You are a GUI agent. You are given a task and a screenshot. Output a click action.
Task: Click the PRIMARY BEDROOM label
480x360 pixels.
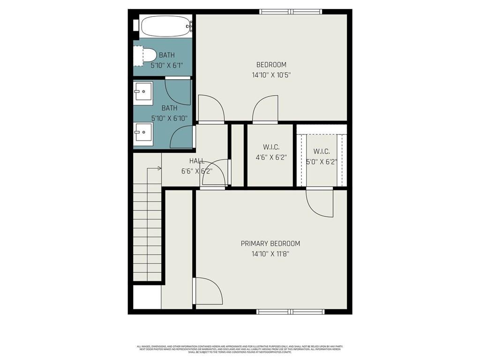pos(270,244)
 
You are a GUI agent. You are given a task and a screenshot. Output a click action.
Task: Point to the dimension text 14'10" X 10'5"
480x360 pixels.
pos(271,75)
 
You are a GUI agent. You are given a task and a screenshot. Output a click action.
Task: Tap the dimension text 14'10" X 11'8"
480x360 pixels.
pos(270,254)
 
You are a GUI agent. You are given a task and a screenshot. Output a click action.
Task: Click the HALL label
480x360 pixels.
pos(196,161)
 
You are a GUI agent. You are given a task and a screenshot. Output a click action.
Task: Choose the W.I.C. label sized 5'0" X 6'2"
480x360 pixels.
pos(322,151)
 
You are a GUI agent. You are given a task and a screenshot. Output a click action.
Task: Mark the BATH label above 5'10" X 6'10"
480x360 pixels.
pos(169,108)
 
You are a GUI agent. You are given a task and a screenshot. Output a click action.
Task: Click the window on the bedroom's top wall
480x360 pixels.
pos(291,12)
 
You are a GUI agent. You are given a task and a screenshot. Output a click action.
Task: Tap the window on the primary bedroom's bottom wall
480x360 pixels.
pos(290,311)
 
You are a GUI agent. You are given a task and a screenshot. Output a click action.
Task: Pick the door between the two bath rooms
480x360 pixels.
pos(179,91)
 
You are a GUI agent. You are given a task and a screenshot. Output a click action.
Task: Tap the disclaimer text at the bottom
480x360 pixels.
pos(240,349)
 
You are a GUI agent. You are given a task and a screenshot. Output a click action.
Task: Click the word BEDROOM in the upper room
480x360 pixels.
pos(271,65)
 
